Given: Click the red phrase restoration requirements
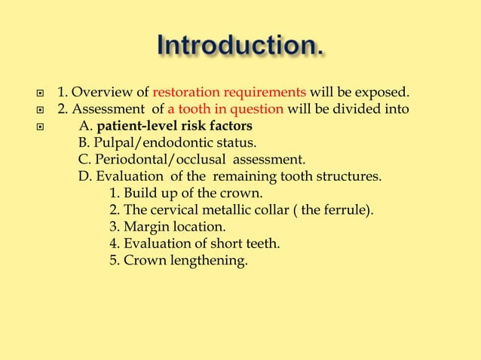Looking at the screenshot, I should pos(229,93).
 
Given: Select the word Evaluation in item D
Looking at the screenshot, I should pos(125,176).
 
